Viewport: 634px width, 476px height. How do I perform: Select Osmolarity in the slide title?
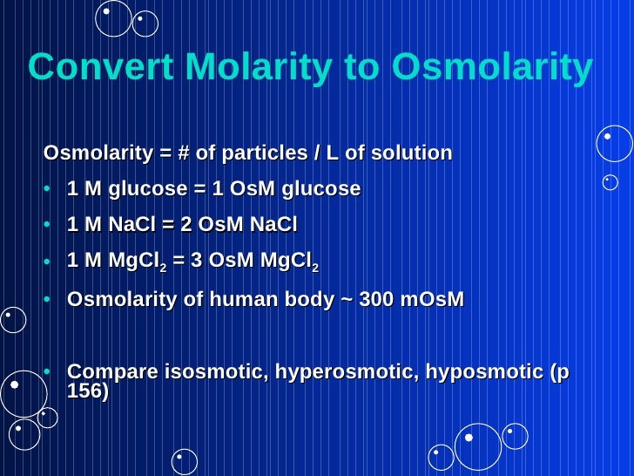(492, 68)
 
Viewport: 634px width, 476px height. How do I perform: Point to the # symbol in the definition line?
(184, 154)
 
